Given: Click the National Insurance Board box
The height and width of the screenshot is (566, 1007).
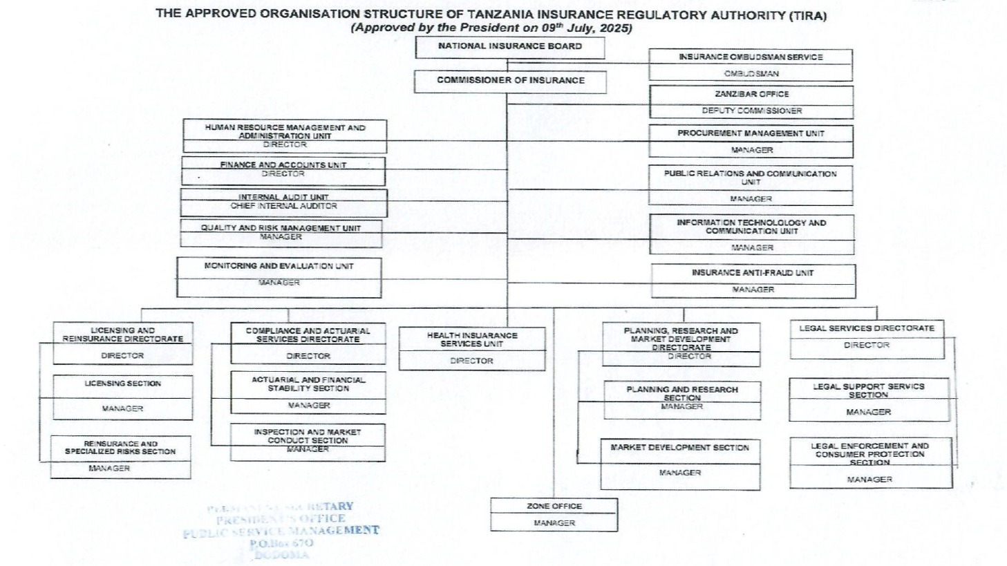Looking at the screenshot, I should tap(510, 47).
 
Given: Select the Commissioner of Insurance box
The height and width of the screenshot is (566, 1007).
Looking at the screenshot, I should tap(510, 81).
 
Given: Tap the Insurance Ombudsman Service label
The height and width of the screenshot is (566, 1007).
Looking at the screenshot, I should tap(751, 57).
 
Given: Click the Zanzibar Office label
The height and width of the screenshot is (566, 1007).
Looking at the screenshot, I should tap(751, 94).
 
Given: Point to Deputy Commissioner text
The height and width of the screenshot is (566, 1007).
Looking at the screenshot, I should tap(751, 111).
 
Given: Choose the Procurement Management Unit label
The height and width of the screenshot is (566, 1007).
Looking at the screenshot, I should tap(751, 133).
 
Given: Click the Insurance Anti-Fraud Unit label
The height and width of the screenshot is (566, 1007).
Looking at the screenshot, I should tap(753, 273).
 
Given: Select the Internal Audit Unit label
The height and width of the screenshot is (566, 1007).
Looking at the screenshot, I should tap(283, 197).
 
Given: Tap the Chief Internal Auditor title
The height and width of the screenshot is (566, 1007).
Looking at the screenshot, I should tap(283, 206).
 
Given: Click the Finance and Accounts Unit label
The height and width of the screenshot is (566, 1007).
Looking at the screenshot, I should tap(283, 165).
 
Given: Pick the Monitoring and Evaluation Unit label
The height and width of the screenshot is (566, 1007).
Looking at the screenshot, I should tap(279, 266).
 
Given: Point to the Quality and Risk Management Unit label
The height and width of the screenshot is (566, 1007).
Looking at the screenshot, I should tap(281, 228).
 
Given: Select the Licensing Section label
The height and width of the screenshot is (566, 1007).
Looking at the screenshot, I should tap(122, 384).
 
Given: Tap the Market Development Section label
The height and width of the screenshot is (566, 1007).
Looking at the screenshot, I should tap(679, 448).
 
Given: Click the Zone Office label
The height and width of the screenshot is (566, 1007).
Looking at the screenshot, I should tap(554, 507).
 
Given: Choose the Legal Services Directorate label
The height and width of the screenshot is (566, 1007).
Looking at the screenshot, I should tap(867, 328).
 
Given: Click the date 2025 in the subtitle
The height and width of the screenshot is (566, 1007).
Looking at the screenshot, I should tap(615, 28).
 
